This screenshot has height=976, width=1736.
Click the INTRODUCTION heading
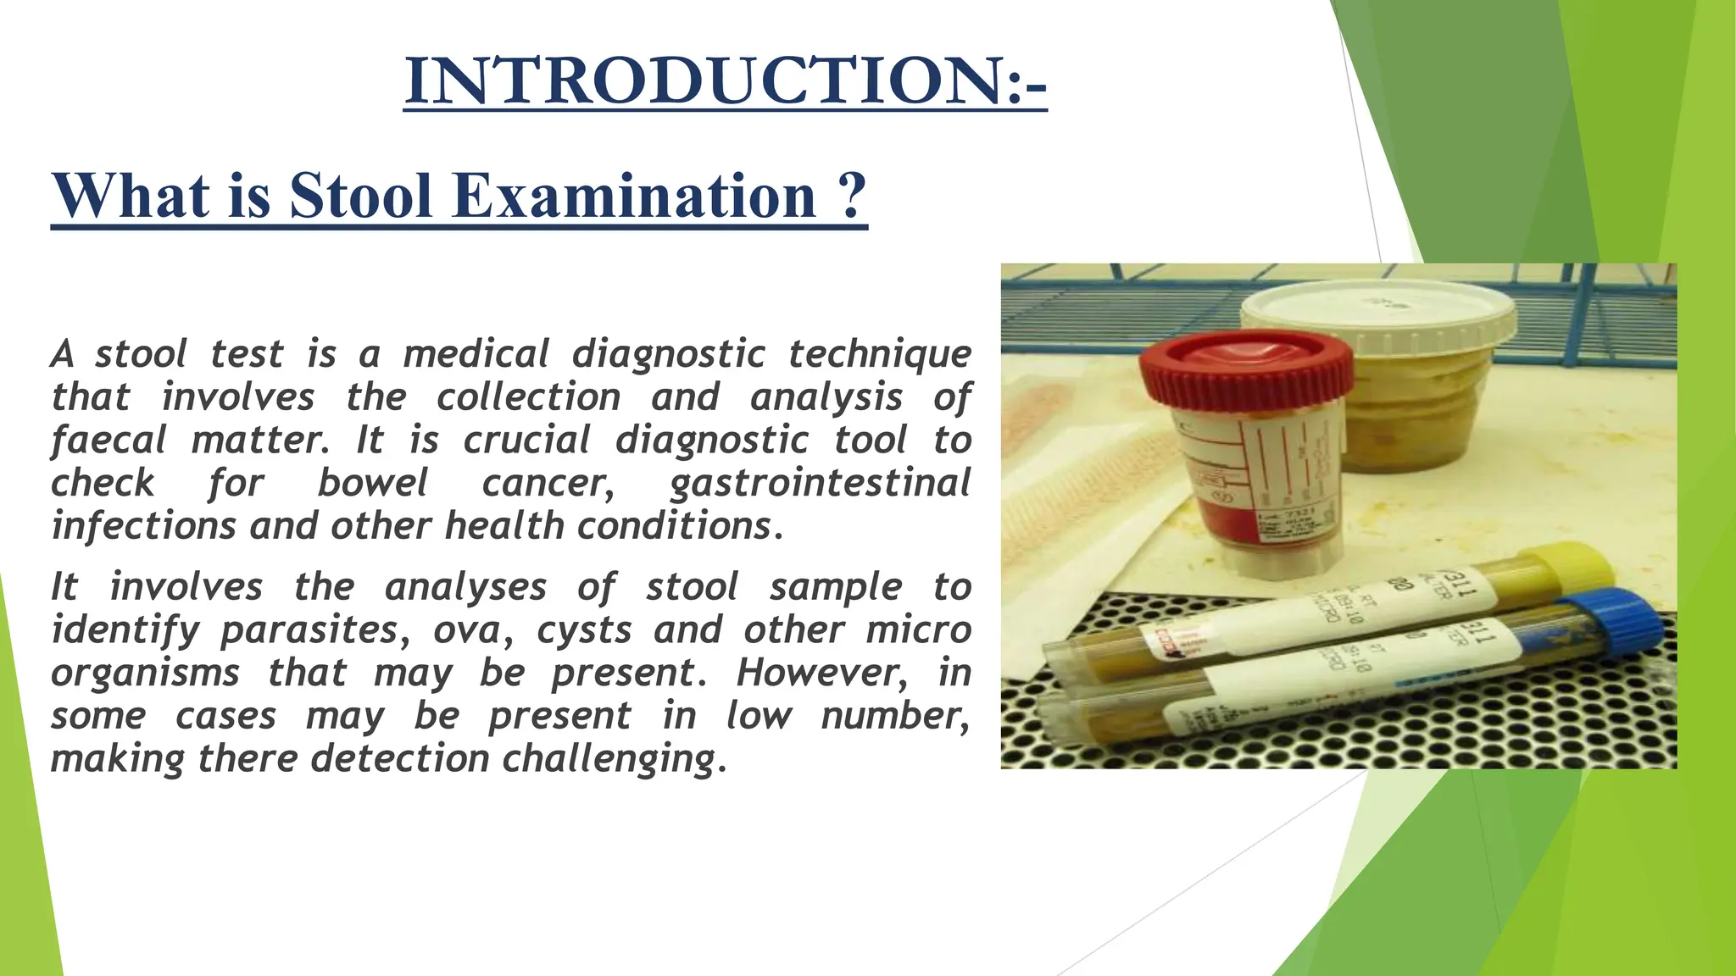725,80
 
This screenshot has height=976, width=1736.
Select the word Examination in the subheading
635,196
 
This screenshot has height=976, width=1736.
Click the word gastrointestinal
820,484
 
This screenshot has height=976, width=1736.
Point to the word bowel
373,483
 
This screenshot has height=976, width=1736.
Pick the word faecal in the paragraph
108,441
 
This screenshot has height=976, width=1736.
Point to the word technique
880,354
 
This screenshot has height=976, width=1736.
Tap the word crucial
527,441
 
